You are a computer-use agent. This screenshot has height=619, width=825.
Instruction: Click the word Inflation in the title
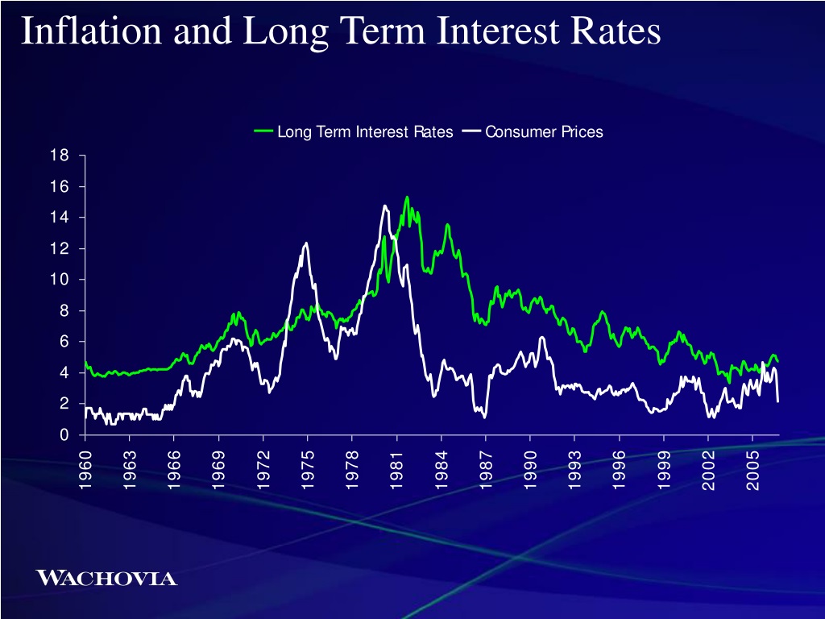[x=91, y=31]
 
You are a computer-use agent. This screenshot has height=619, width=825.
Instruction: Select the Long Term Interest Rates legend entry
[x=353, y=131]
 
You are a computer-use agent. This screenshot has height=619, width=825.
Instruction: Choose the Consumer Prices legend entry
[x=533, y=131]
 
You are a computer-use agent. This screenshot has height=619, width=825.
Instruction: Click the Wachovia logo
[x=106, y=578]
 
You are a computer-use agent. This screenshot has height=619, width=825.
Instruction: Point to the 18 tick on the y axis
[x=60, y=156]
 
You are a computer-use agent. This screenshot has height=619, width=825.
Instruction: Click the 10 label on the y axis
[x=60, y=280]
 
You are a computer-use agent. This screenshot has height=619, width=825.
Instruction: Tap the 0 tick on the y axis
[x=64, y=434]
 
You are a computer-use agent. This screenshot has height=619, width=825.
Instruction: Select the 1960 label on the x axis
[x=85, y=470]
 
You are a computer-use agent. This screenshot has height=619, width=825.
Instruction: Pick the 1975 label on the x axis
[x=308, y=470]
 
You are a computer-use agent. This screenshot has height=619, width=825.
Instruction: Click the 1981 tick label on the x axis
[x=396, y=470]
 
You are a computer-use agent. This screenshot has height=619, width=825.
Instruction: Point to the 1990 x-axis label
[x=530, y=470]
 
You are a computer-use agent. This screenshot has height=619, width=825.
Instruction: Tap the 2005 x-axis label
[x=753, y=470]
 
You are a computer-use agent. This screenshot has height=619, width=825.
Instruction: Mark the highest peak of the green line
[x=407, y=197]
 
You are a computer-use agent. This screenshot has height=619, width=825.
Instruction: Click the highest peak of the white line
[x=385, y=206]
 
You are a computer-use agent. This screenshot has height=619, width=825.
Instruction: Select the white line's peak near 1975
[x=305, y=243]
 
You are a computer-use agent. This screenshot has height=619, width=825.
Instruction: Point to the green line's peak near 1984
[x=447, y=225]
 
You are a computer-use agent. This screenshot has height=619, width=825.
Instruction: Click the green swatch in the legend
[x=263, y=131]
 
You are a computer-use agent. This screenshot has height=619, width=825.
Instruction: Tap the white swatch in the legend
[x=471, y=131]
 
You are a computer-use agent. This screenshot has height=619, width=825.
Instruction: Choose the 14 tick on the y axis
[x=60, y=218]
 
